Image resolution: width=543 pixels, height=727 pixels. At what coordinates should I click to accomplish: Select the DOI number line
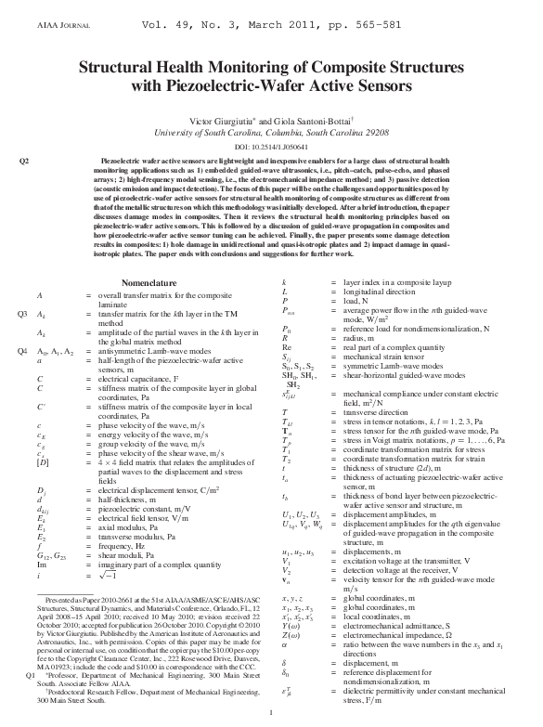click(271, 147)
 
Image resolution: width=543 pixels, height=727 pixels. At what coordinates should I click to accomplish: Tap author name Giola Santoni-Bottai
click(321, 121)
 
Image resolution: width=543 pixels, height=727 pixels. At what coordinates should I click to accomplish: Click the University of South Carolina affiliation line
click(271, 134)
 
